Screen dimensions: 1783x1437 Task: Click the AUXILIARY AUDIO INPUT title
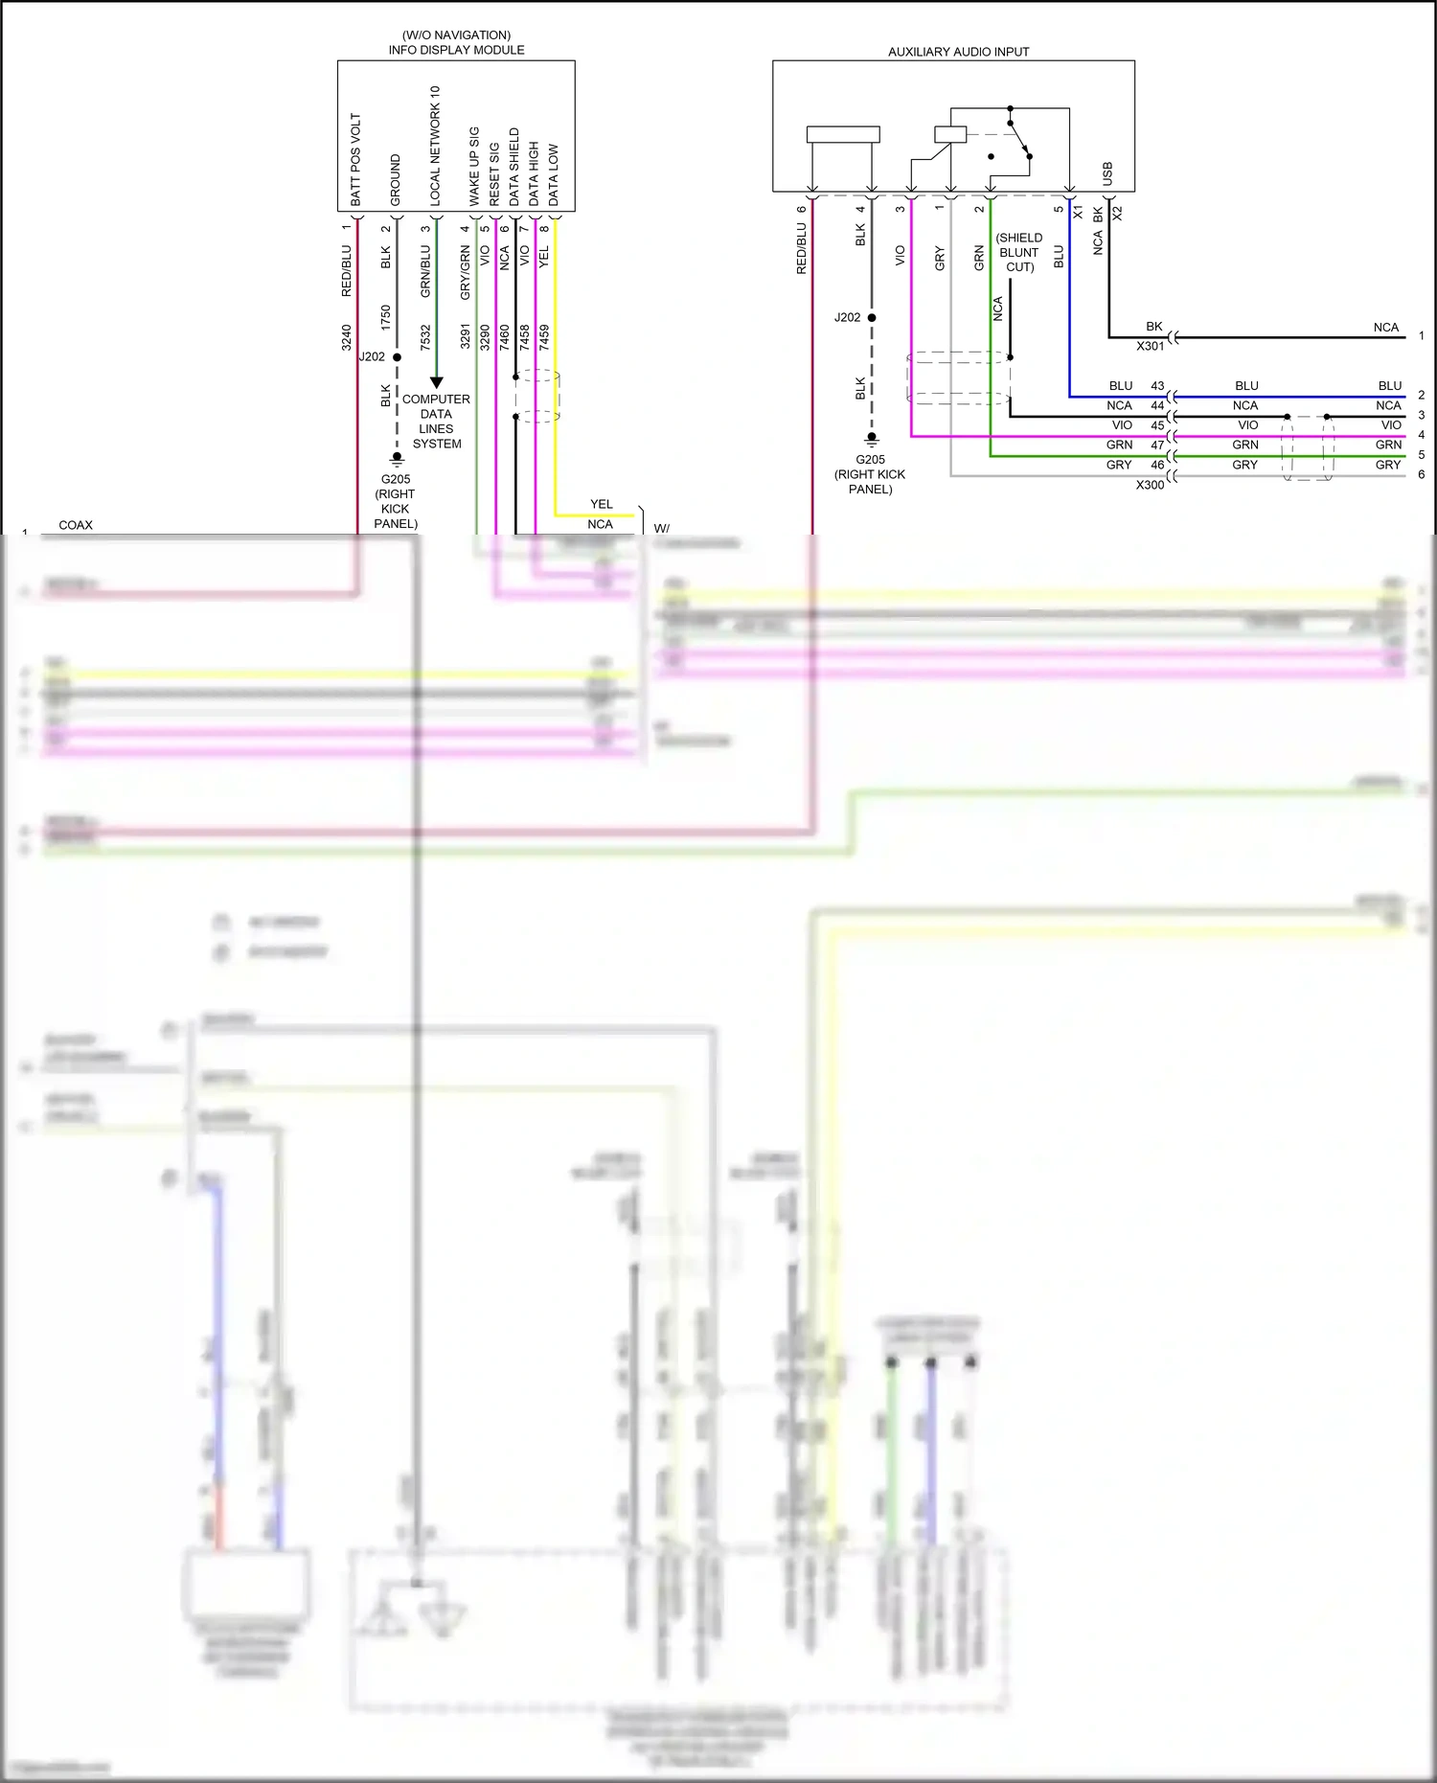pos(958,52)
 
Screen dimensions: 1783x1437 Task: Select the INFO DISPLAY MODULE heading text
pos(456,50)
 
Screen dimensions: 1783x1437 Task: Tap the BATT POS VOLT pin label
pos(355,160)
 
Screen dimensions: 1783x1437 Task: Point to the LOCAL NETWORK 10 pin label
pos(435,146)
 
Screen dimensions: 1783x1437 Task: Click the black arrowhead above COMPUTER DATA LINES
pos(437,382)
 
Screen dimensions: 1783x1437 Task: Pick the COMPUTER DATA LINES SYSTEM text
pos(436,422)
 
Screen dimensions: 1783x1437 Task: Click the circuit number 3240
pos(347,337)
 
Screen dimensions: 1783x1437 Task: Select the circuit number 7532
pos(425,337)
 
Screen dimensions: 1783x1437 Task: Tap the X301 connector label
pos(1150,346)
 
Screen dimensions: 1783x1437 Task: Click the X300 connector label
pos(1150,485)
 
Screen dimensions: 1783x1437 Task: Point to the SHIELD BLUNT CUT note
pos(1019,252)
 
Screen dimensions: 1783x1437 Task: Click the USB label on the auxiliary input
pos(1107,173)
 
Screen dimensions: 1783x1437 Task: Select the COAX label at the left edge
pos(76,525)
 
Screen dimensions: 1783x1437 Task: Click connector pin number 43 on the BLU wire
pos(1157,386)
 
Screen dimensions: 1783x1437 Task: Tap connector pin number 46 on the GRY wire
pos(1157,465)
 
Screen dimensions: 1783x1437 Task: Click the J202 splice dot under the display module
pos(397,357)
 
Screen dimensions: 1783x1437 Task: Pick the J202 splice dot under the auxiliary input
pos(872,317)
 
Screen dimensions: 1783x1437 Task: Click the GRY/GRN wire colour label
pos(466,272)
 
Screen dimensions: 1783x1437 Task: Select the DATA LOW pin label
pos(553,175)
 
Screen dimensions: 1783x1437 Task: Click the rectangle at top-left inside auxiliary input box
pos(843,135)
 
